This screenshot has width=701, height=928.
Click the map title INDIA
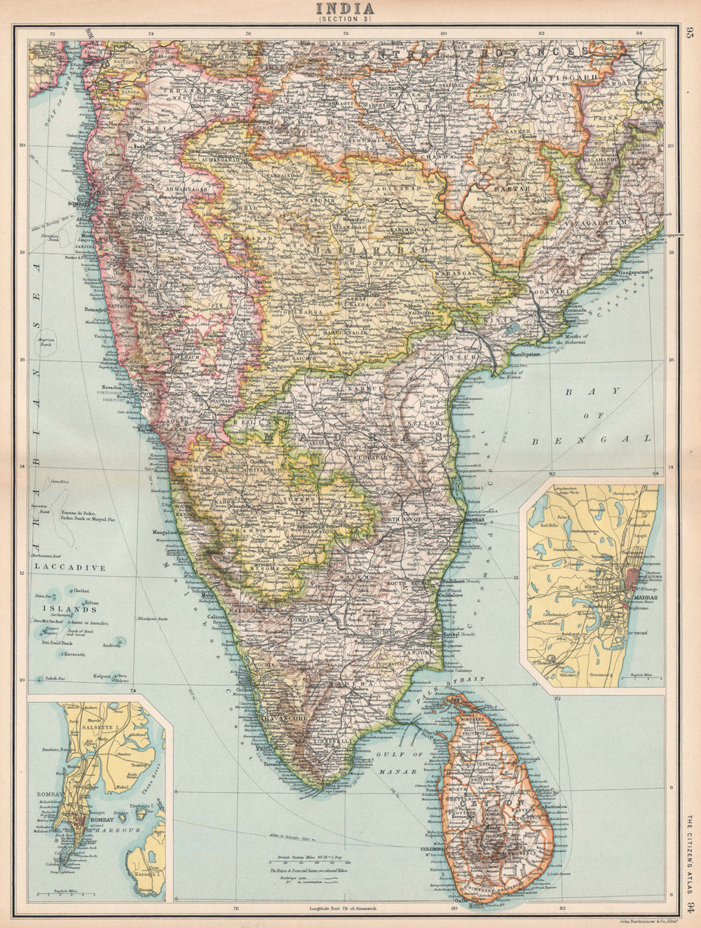(345, 8)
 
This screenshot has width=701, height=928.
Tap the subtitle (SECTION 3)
(345, 20)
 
